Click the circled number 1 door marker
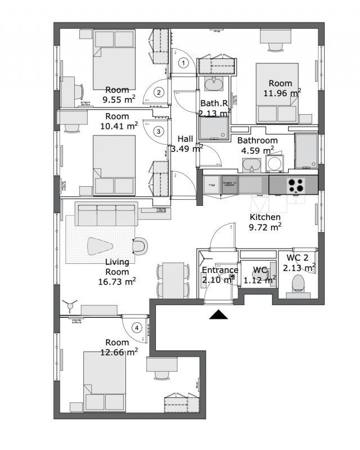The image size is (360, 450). click(182, 63)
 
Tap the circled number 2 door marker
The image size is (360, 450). click(159, 92)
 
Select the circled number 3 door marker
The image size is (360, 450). click(159, 131)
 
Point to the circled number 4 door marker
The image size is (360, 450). click(136, 327)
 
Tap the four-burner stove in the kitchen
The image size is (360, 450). click(296, 184)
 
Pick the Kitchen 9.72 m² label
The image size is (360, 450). click(265, 222)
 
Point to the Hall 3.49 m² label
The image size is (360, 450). click(186, 143)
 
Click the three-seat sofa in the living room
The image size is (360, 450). click(106, 214)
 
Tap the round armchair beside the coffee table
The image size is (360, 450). click(141, 245)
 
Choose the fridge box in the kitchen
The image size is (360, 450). click(211, 184)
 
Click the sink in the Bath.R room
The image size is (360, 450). click(213, 85)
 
